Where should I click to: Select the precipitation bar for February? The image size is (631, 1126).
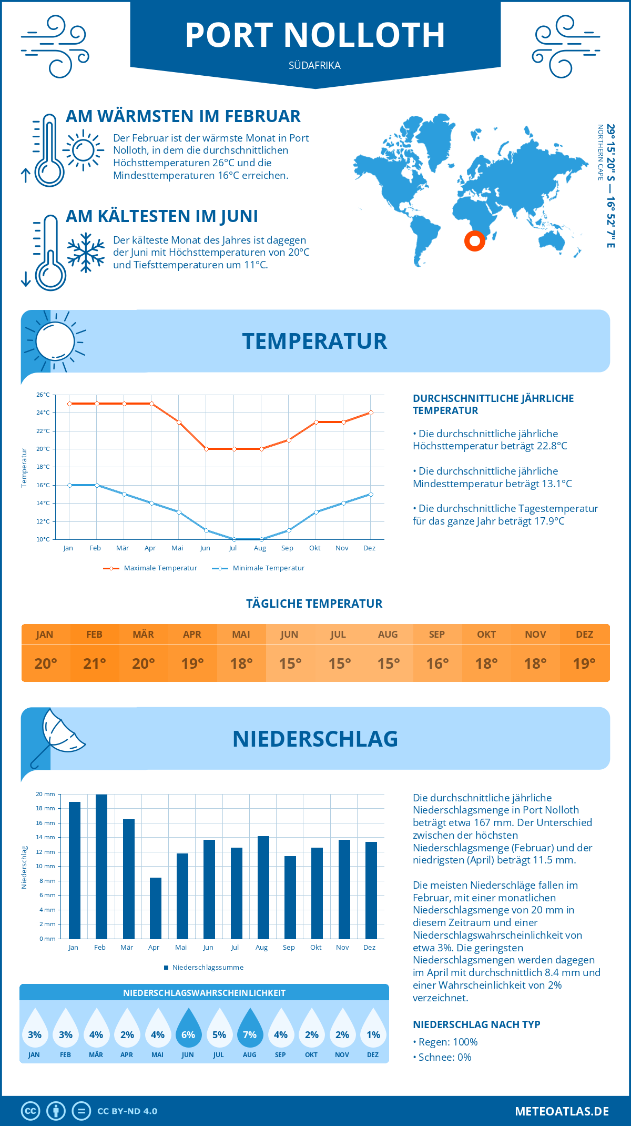pyautogui.click(x=101, y=867)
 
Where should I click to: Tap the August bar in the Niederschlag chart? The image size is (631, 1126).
pyautogui.click(x=263, y=887)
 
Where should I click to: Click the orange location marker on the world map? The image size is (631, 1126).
pyautogui.click(x=474, y=241)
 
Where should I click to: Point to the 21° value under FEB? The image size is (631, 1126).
pyautogui.click(x=95, y=663)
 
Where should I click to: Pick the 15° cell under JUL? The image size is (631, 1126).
pyautogui.click(x=340, y=663)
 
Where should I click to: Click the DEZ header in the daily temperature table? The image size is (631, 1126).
pyautogui.click(x=585, y=635)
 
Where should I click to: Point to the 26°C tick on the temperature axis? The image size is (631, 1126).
pyautogui.click(x=43, y=395)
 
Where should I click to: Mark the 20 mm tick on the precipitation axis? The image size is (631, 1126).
pyautogui.click(x=45, y=794)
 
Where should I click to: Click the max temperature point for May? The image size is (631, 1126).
pyautogui.click(x=179, y=422)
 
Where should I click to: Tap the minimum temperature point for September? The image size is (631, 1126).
pyautogui.click(x=289, y=530)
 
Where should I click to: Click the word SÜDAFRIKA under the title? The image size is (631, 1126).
pyautogui.click(x=314, y=65)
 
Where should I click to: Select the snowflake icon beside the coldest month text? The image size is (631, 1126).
pyautogui.click(x=86, y=253)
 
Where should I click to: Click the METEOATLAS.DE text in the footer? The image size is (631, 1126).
pyautogui.click(x=562, y=1111)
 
